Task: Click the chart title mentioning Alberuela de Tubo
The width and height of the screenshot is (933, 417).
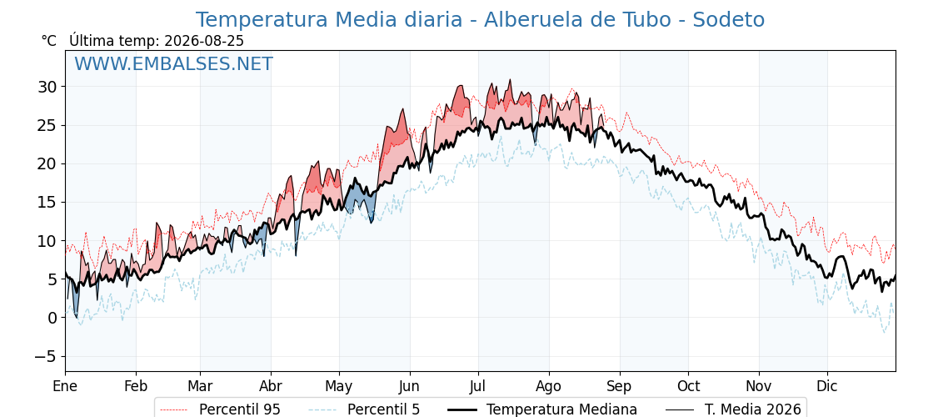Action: tap(480, 20)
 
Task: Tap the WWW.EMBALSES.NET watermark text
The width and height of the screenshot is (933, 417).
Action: tap(174, 63)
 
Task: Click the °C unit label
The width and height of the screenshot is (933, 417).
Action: tap(49, 41)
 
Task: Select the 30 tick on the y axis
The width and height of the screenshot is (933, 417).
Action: tap(49, 87)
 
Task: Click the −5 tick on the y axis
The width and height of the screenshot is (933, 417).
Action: tap(45, 356)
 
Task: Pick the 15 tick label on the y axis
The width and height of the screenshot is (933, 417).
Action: tap(49, 203)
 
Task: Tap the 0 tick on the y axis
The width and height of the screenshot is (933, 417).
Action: tap(54, 318)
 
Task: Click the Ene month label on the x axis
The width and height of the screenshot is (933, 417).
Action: tap(65, 387)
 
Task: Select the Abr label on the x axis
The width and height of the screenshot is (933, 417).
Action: tap(271, 387)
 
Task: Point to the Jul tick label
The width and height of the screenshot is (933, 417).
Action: tap(478, 387)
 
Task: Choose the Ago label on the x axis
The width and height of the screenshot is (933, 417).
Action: tap(549, 387)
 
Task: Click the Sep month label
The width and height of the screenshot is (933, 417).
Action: tap(620, 387)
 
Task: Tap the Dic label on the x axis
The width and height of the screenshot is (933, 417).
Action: tap(827, 387)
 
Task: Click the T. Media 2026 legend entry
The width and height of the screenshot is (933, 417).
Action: tap(734, 409)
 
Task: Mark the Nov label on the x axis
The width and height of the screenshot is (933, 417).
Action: tap(759, 387)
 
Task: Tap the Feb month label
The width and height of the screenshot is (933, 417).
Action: tap(136, 387)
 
